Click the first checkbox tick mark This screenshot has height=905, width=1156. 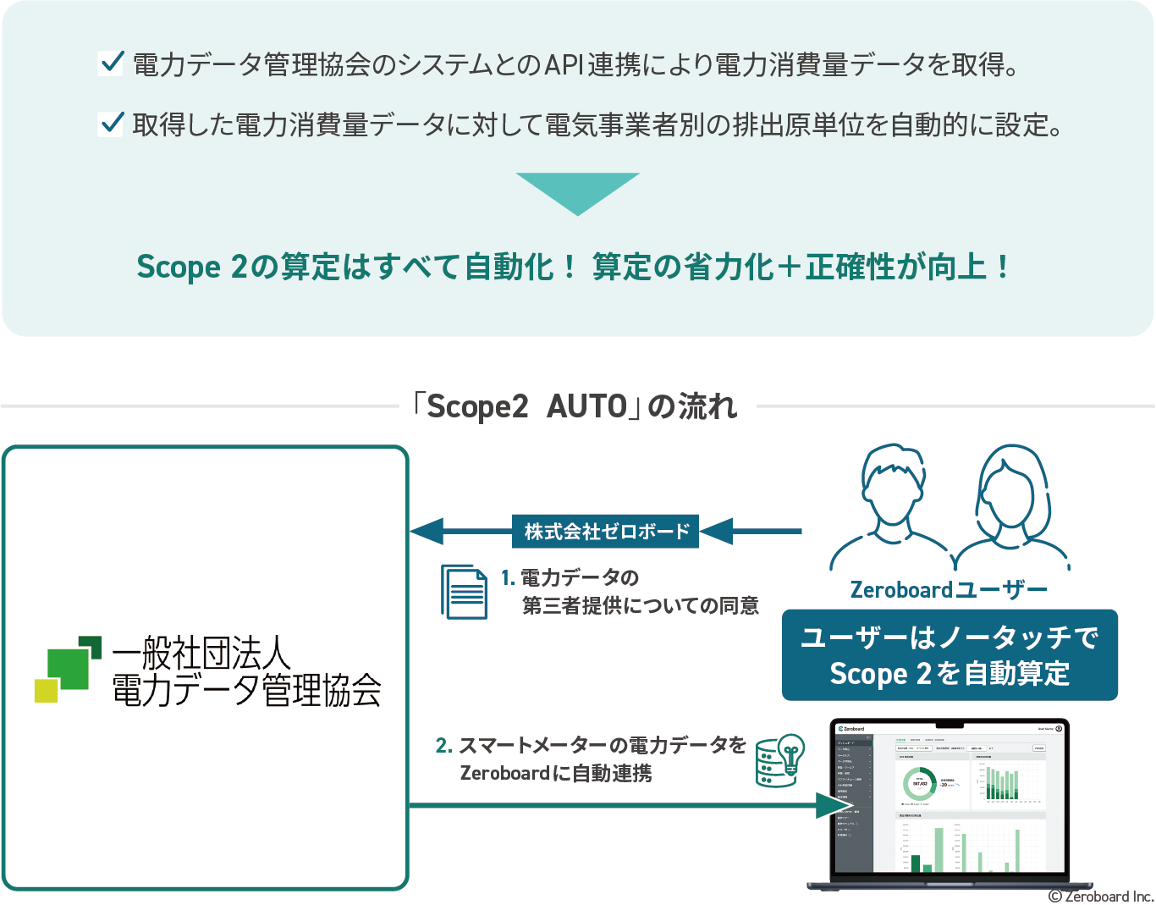[x=111, y=63]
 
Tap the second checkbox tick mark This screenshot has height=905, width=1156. [x=111, y=124]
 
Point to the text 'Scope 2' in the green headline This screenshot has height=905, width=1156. [x=191, y=267]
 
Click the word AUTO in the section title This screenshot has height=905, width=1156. [x=586, y=407]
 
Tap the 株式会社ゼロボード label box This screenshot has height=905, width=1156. [x=606, y=532]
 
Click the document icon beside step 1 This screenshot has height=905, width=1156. [x=464, y=592]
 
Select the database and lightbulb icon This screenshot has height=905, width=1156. [x=779, y=760]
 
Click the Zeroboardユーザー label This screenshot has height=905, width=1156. [x=949, y=589]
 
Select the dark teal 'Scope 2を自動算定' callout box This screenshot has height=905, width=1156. [x=950, y=655]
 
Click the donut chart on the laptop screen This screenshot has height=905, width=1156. [x=919, y=783]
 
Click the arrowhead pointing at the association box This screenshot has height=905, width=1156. [x=427, y=532]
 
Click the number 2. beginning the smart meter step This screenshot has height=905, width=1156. [x=443, y=745]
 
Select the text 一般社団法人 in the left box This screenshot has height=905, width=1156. [x=201, y=653]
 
